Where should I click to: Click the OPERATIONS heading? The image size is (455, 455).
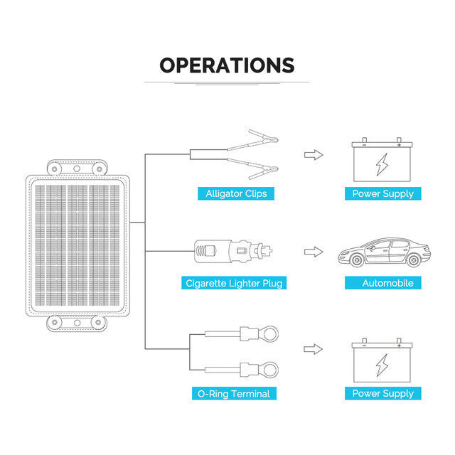coord(227,65)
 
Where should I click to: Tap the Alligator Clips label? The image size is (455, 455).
coord(236,193)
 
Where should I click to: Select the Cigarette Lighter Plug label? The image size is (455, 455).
coord(234,283)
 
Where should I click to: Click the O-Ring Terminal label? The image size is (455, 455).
coord(234,393)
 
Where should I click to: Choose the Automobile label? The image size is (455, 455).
coord(387,283)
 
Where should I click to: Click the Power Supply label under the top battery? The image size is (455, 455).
coord(382,193)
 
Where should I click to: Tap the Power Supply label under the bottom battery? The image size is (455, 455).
coord(382,393)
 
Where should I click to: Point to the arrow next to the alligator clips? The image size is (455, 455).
coord(314,155)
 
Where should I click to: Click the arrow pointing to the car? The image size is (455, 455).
coord(314,252)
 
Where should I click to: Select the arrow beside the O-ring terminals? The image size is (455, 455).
coord(313,349)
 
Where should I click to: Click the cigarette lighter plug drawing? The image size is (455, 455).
coord(233,251)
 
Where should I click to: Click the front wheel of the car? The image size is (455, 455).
coord(357,260)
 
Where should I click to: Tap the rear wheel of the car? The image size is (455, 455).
coord(413,260)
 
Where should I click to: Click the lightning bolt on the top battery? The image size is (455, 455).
coord(382,164)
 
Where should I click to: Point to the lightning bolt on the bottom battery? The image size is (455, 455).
coord(382,365)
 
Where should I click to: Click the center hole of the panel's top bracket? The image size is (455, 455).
coord(77,168)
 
